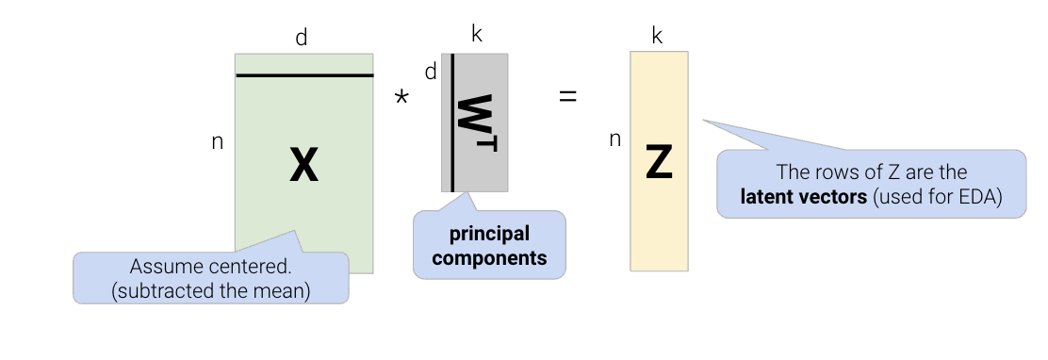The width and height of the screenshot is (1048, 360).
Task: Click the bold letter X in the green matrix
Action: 303,167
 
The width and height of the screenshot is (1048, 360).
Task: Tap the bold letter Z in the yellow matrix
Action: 659,164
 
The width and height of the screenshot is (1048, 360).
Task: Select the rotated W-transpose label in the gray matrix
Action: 478,123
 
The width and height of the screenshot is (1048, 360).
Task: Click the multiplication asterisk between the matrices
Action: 401,99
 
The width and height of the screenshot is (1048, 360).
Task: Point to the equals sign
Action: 567,95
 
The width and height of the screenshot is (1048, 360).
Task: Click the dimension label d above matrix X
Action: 302,38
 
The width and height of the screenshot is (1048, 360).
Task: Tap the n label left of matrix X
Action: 217,142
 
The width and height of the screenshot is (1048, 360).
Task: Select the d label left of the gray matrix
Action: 431,72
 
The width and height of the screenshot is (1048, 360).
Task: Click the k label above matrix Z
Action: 658,38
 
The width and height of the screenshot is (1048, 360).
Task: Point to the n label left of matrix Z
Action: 615,139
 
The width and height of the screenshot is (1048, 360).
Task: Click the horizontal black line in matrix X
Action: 303,75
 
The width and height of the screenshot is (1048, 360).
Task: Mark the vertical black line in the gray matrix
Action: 452,123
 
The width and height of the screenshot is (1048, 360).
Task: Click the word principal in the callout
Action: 489,233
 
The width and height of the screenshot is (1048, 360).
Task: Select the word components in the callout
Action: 489,257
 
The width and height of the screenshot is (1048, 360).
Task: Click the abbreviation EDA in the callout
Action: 977,197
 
